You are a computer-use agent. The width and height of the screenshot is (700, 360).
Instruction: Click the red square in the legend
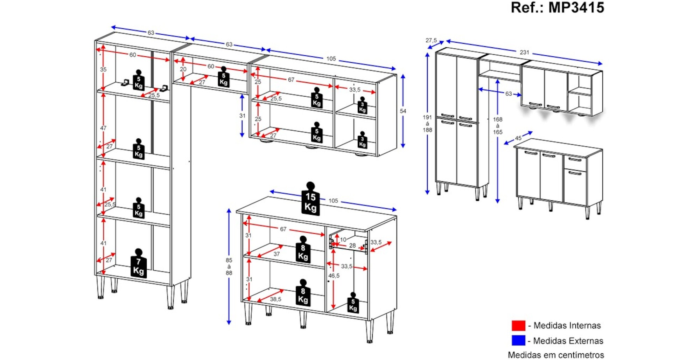click(518, 325)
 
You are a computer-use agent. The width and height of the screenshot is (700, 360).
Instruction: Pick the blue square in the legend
click(518, 340)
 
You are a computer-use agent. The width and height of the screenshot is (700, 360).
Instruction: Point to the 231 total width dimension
click(524, 53)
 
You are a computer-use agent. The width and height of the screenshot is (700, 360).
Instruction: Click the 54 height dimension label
click(403, 111)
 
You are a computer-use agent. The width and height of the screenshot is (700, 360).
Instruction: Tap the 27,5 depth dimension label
click(431, 40)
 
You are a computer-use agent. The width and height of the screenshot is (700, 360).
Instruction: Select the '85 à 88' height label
click(229, 266)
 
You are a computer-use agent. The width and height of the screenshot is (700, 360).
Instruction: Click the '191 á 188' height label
click(427, 124)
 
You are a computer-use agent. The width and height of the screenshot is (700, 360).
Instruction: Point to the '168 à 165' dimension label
click(498, 126)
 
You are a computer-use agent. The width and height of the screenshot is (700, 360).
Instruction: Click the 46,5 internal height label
click(334, 276)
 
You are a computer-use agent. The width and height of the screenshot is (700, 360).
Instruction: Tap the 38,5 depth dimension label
click(275, 299)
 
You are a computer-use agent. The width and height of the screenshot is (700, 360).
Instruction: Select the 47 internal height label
click(103, 128)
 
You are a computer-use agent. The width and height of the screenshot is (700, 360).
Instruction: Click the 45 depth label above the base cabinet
click(518, 138)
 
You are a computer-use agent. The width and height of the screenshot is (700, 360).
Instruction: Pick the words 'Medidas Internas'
click(567, 326)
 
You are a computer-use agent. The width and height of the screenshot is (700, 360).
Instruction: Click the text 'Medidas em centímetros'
click(556, 355)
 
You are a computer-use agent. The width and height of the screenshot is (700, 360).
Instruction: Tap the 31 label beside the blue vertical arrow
click(242, 116)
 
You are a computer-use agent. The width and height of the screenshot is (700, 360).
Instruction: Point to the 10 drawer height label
click(343, 240)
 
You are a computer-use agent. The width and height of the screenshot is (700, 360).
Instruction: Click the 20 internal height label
click(183, 69)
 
